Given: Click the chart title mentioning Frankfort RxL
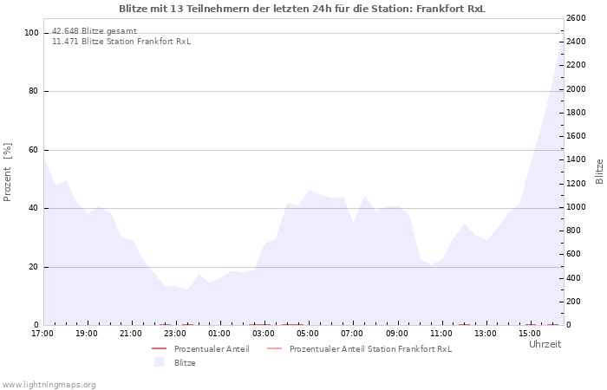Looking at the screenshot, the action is click(302, 9).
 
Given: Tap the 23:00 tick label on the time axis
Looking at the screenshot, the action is click(175, 334).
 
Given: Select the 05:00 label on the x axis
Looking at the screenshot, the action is click(308, 334).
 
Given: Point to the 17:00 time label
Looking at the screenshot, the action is click(42, 334).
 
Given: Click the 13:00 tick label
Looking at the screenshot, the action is click(485, 334).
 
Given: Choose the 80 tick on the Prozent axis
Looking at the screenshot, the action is click(33, 91).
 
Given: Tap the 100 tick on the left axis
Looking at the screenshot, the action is click(31, 33).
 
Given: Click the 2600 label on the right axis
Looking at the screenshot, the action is click(576, 18).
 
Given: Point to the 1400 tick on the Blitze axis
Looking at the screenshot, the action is click(576, 159).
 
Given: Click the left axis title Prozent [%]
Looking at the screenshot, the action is click(7, 172).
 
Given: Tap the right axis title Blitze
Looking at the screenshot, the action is click(599, 172).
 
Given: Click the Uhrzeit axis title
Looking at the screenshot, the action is click(545, 344).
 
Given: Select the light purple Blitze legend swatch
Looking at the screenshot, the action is click(159, 362).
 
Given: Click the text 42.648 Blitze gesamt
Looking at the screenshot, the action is click(94, 31).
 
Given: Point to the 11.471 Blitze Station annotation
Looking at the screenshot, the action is click(121, 42).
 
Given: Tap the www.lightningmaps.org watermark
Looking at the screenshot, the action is click(49, 385).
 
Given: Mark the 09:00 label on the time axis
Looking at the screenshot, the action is click(396, 334).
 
